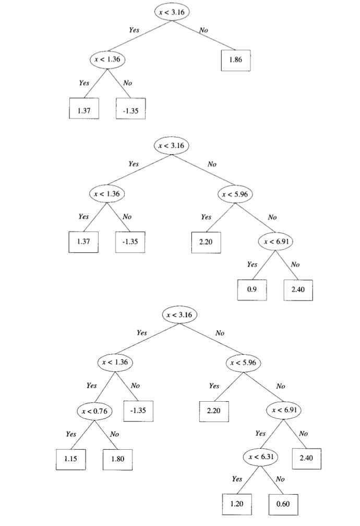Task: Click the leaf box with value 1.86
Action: click(x=236, y=61)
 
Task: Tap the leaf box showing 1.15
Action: click(x=71, y=459)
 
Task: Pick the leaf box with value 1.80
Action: click(x=118, y=459)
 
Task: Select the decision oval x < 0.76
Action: click(x=94, y=411)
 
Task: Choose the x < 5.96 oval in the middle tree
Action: click(x=235, y=194)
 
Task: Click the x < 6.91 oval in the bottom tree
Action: click(x=284, y=411)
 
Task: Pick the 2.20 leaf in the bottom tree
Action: click(x=214, y=411)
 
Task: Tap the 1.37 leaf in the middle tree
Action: click(x=83, y=241)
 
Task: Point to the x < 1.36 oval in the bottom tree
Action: click(x=116, y=362)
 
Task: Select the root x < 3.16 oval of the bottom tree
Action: click(x=179, y=315)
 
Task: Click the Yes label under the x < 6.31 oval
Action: click(x=237, y=479)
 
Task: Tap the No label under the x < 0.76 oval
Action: click(x=115, y=434)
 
